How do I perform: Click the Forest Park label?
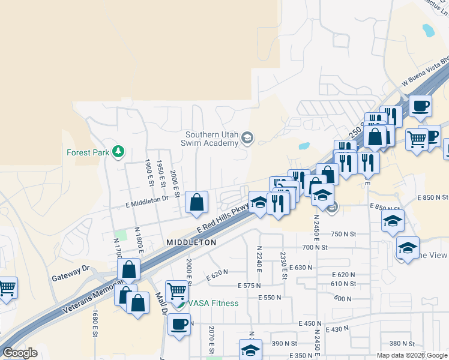(88, 152)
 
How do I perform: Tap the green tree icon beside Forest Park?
(119, 151)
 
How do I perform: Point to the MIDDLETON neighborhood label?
(191, 242)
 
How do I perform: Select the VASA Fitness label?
(212, 303)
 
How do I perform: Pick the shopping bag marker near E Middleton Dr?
(197, 203)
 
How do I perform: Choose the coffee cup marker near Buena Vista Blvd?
(420, 106)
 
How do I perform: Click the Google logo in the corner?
(20, 353)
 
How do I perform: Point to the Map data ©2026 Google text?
(412, 355)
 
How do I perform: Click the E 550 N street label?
(270, 298)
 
